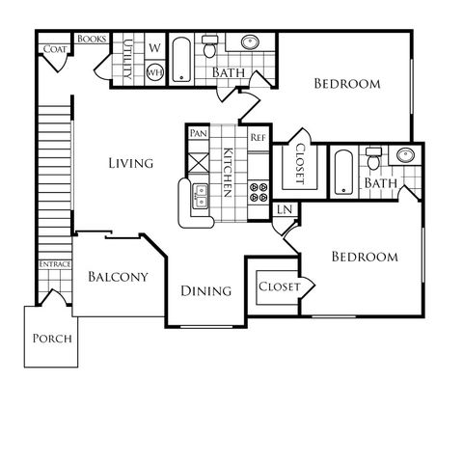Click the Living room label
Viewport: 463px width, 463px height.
[x=131, y=163]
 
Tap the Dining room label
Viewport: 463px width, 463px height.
[x=206, y=291]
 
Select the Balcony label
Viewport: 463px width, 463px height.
[x=118, y=277]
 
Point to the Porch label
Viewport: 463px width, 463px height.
[x=52, y=339]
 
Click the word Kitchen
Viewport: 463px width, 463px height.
[x=228, y=173]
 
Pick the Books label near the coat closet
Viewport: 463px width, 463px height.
[x=92, y=39]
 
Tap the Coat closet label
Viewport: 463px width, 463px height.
[x=55, y=49]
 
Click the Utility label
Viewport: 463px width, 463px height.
[x=127, y=59]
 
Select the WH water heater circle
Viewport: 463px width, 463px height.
[x=155, y=71]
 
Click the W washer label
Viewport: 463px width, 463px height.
[x=154, y=48]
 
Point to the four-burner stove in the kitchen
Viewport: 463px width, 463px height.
[x=259, y=192]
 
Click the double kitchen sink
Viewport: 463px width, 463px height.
[x=200, y=197]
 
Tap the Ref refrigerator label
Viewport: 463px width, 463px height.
[x=258, y=138]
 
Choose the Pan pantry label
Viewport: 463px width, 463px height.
[x=199, y=133]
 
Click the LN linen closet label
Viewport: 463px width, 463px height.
[x=285, y=209]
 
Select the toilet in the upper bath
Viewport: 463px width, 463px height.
[x=209, y=46]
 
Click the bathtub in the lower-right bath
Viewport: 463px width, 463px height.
[x=343, y=173]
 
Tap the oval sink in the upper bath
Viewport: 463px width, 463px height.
[x=250, y=41]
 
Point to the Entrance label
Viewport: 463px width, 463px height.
[x=55, y=264]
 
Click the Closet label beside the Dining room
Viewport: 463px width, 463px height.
[x=279, y=286]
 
